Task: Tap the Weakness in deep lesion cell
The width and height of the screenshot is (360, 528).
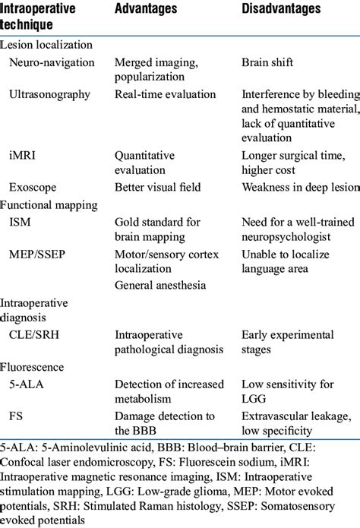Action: click(299, 186)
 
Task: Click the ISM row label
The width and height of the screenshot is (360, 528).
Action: click(20, 222)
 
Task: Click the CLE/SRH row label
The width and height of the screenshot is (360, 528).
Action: click(35, 334)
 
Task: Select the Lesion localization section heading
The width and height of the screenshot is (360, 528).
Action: click(46, 46)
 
